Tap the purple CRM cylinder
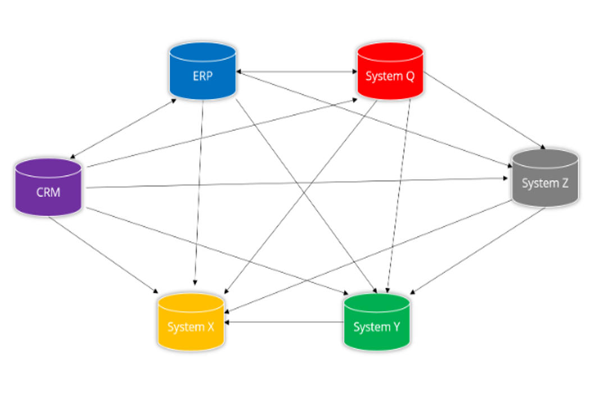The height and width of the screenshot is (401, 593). (48, 188)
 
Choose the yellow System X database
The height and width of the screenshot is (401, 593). (191, 323)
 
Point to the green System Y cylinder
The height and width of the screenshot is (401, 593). (376, 323)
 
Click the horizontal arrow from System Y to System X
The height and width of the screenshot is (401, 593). (284, 322)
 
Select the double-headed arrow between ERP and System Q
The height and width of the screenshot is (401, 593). (296, 72)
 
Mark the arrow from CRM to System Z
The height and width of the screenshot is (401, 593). (298, 183)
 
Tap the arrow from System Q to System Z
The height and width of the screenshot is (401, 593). (483, 110)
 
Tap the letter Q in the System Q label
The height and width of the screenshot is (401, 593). (410, 76)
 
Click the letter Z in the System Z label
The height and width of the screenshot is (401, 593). (564, 183)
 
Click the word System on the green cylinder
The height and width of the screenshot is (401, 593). (370, 327)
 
